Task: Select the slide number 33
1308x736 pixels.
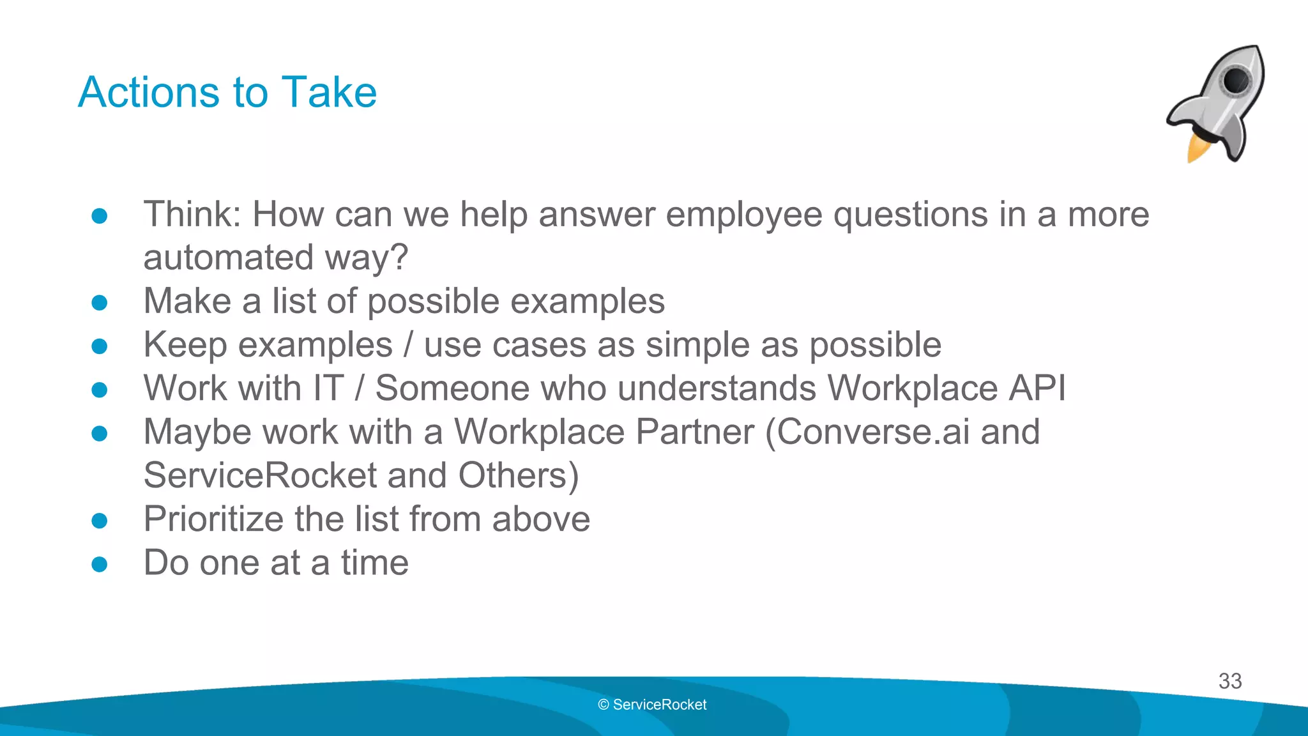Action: (1229, 681)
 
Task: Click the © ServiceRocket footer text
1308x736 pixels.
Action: (652, 705)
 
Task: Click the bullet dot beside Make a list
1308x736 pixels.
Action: (100, 302)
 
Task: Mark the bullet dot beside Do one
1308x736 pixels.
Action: (100, 564)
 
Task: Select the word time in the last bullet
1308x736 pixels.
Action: (374, 563)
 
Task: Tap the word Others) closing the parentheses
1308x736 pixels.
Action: (518, 476)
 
